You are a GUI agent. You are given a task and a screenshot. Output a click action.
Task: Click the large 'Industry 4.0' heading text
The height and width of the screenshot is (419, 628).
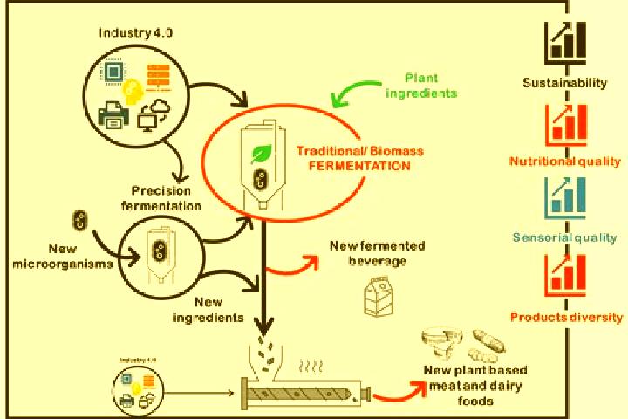(135, 32)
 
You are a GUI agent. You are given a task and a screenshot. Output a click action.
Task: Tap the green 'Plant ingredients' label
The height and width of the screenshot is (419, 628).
(421, 86)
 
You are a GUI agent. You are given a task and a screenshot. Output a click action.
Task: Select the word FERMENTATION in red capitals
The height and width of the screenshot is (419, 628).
(359, 166)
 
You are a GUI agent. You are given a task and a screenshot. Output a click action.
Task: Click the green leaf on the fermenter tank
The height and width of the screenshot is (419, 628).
(261, 154)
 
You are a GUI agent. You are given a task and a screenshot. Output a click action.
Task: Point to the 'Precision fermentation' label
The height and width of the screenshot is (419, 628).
(161, 198)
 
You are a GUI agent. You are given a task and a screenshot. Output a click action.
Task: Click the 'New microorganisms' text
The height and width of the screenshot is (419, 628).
(63, 257)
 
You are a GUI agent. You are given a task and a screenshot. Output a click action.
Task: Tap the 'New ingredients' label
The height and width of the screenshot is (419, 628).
(208, 310)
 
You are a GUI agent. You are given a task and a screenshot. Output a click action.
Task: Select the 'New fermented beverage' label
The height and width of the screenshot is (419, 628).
(378, 253)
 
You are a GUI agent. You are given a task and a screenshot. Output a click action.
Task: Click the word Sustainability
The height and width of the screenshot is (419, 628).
(564, 83)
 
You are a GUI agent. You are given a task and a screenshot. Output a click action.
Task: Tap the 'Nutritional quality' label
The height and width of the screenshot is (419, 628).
(564, 161)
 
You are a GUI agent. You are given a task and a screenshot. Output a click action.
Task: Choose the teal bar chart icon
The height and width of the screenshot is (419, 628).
(565, 197)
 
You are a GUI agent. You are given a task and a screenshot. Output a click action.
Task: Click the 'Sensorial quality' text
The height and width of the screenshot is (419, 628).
(564, 237)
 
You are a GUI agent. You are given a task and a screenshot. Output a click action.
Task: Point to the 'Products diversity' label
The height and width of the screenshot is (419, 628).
(566, 317)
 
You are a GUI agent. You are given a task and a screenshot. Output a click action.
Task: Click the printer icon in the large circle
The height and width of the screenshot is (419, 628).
(113, 115)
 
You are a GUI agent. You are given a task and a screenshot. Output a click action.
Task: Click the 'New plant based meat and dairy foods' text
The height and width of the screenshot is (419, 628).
(475, 385)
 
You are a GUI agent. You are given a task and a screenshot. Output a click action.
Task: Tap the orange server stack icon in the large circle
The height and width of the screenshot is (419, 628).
(158, 76)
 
